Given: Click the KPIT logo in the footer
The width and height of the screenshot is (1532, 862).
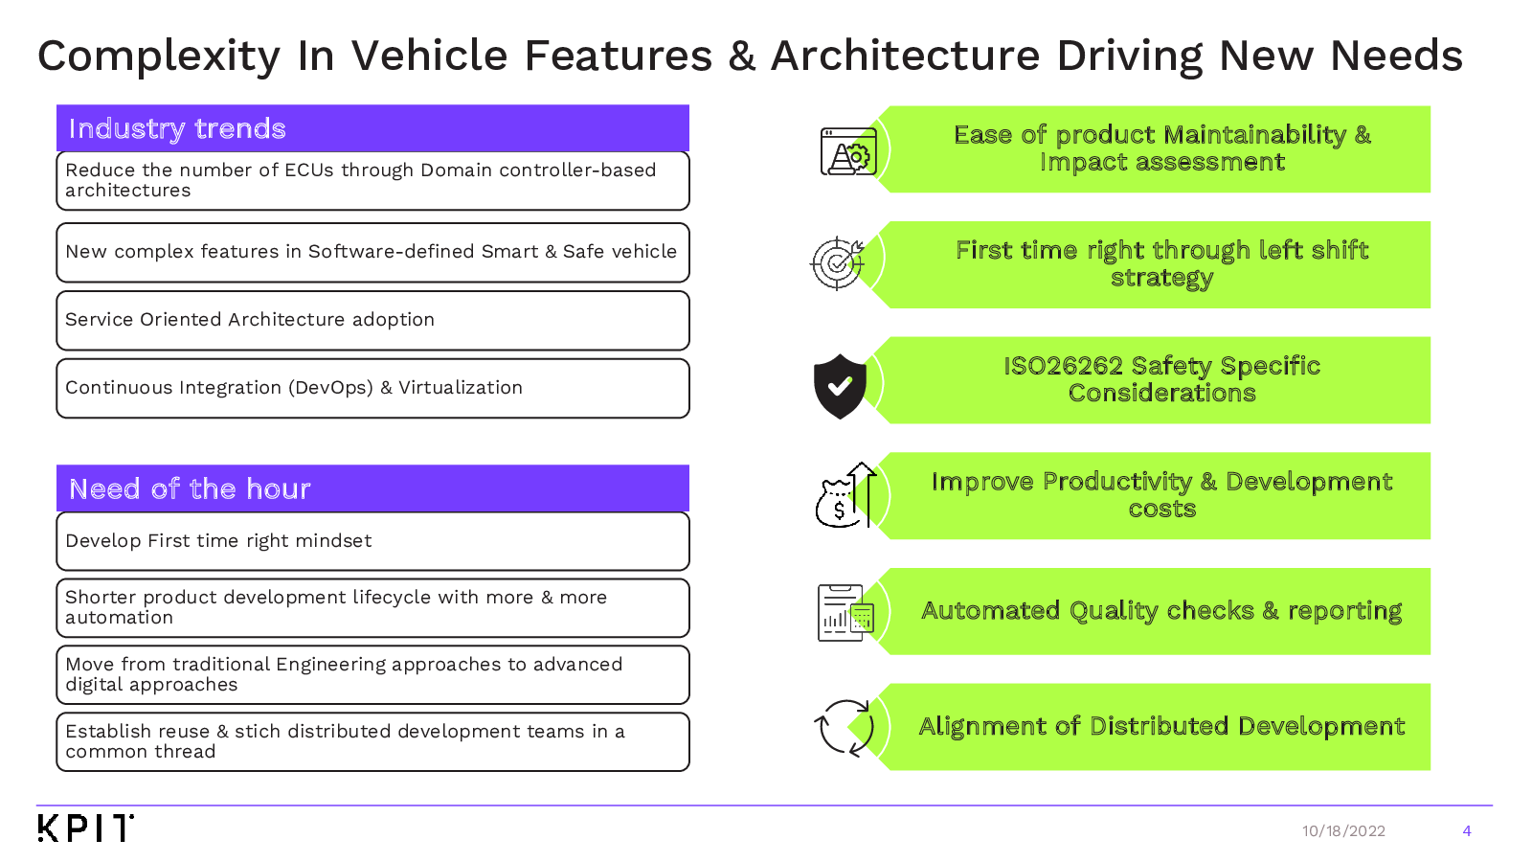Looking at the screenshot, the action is coord(85,828).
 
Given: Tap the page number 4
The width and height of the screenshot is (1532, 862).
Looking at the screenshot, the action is coord(1466,830).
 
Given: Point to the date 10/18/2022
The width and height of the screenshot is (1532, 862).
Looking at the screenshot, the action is coord(1343,830).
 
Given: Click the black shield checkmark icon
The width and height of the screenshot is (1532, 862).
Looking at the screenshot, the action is coord(840,386).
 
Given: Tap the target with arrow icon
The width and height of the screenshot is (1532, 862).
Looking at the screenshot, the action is coord(837,263).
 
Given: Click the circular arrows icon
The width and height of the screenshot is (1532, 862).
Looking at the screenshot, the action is coord(845,727).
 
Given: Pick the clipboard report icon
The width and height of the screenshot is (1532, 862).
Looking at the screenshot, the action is coord(846,612).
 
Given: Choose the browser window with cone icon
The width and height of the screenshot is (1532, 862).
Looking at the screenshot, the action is coord(848,151).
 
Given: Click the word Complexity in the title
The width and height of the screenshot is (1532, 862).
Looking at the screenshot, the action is coord(159,57).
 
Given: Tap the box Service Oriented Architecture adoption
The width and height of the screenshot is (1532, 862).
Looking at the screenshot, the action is coord(372,320).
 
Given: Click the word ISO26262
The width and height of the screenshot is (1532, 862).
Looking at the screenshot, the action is coord(1063,366).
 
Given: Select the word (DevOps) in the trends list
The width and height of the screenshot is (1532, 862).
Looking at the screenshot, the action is coord(331,388).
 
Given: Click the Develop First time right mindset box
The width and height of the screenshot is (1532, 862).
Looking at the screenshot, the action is coord(372,541).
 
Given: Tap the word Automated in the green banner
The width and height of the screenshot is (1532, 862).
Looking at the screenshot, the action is coord(990,610).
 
